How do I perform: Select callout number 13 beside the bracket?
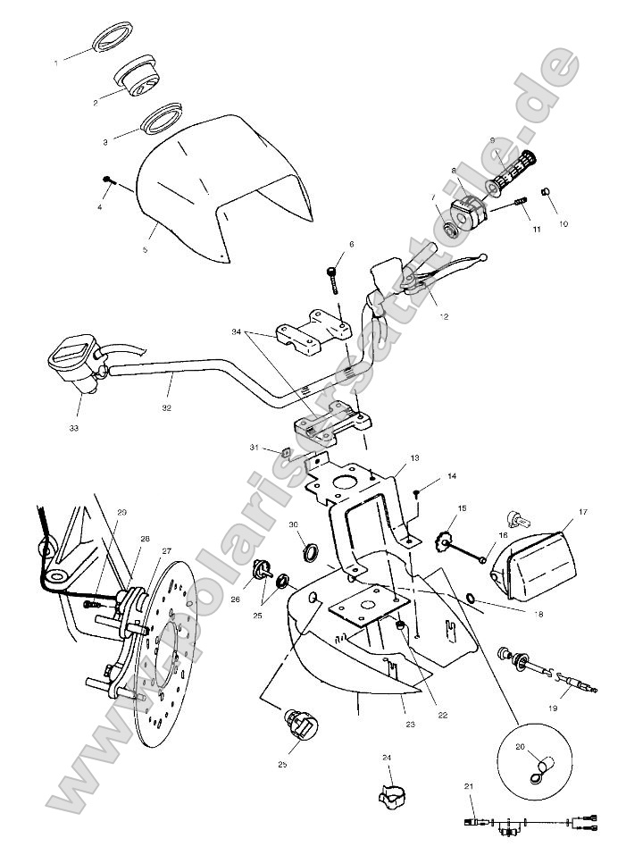point(414,457)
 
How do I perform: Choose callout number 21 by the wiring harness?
point(468,785)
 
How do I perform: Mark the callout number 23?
point(408,724)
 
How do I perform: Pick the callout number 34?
point(236,331)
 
